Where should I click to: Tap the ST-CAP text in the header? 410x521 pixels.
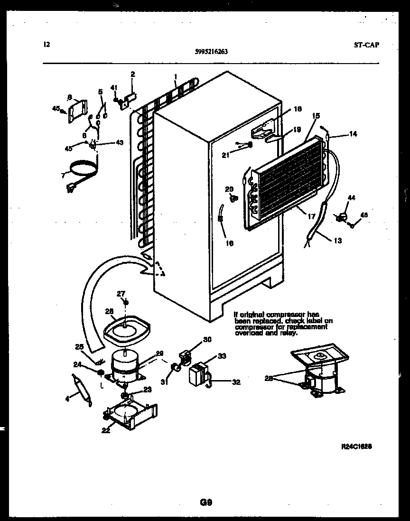click(366, 46)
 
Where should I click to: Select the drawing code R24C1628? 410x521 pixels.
click(356, 447)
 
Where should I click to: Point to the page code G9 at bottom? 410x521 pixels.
click(205, 502)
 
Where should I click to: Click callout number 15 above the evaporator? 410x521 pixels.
click(316, 115)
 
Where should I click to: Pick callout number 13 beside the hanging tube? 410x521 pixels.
click(337, 241)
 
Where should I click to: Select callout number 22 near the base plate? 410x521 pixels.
click(105, 430)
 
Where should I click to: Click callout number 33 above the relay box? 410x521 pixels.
click(221, 356)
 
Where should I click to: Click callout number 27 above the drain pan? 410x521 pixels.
click(121, 294)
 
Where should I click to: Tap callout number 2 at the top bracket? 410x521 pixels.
click(132, 74)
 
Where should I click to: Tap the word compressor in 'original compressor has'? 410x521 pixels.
click(280, 315)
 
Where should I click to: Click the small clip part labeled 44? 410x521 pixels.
click(340, 217)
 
